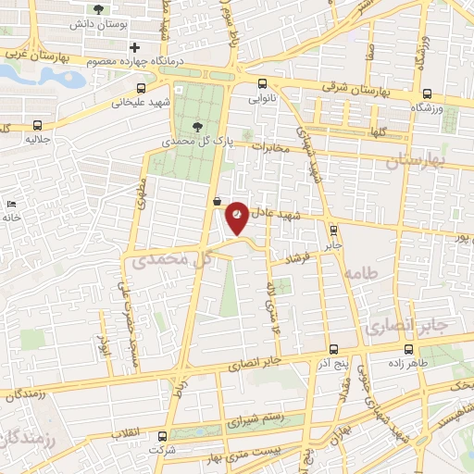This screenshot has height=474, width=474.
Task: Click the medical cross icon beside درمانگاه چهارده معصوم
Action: (135, 47)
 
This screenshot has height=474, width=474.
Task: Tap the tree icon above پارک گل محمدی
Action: (195, 127)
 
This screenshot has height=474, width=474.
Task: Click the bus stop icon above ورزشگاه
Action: (427, 94)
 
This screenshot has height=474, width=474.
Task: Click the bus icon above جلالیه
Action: (37, 125)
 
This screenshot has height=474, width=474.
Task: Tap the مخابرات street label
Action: (271, 146)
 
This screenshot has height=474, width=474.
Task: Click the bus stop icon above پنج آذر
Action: (334, 350)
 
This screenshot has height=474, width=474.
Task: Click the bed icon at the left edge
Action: (10, 203)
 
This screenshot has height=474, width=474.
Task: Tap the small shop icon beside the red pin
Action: (217, 201)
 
